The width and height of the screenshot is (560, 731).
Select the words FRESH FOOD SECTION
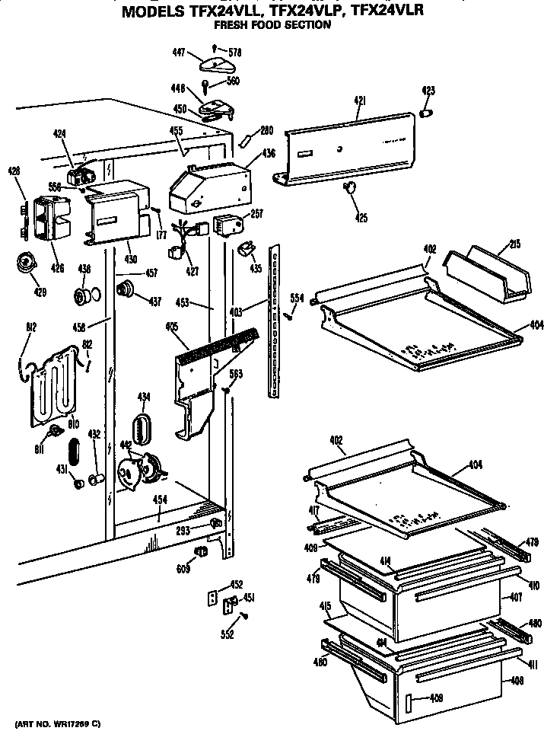tap(272, 25)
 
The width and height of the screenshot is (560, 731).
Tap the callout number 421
tap(360, 101)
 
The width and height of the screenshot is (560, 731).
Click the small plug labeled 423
tap(427, 112)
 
